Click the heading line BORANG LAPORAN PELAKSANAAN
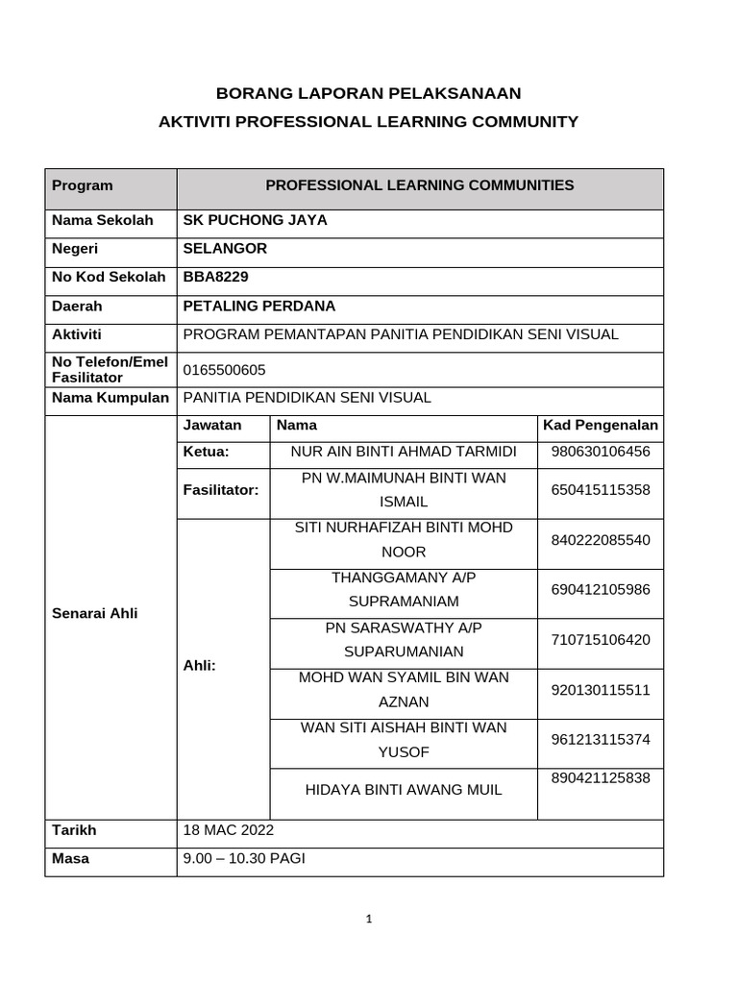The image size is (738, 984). point(368,93)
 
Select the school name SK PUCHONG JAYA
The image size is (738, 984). point(255,220)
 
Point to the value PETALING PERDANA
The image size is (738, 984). point(258,307)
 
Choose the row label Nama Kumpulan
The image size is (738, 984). point(111,398)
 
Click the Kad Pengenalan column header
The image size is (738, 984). point(601,425)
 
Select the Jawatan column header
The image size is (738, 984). point(212,425)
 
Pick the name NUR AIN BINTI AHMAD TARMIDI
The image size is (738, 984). point(404,452)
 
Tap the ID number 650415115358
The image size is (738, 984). point(601,490)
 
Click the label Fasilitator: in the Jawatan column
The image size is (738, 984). point(221,490)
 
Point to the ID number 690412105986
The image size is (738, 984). point(601,589)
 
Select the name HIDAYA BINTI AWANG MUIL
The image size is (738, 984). point(404,790)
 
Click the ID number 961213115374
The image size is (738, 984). point(601,739)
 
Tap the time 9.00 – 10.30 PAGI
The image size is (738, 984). point(243,859)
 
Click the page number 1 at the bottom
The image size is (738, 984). point(369,919)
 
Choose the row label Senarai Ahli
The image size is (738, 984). point(94,613)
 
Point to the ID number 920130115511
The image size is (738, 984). point(601,690)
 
